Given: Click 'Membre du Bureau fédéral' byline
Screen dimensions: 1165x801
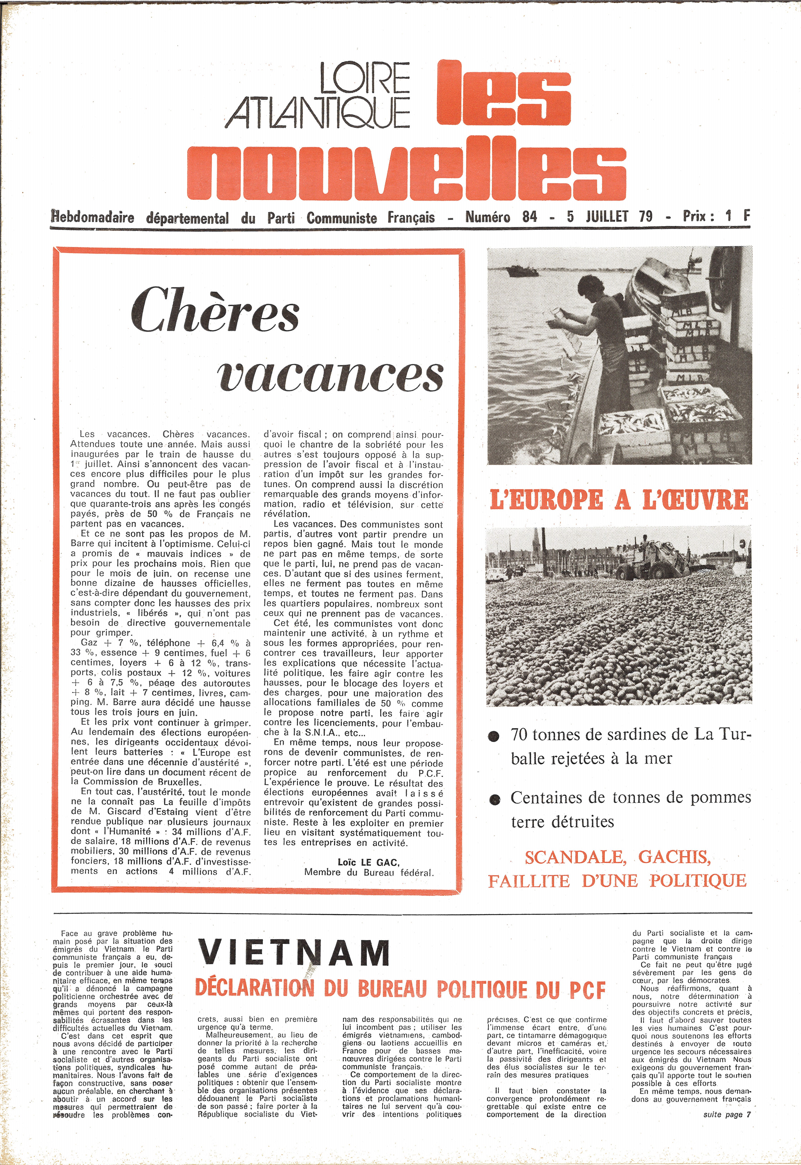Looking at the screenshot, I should (x=368, y=872).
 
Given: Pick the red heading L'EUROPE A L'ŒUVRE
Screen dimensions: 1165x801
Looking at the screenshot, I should (x=619, y=500).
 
